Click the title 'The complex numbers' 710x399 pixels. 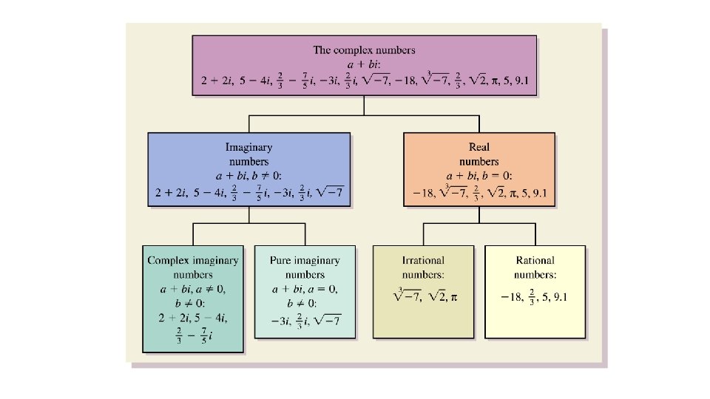click(364, 50)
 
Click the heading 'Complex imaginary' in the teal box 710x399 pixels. click(193, 260)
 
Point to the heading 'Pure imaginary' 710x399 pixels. click(305, 260)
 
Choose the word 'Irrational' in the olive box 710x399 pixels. click(423, 260)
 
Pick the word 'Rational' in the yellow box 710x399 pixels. click(535, 260)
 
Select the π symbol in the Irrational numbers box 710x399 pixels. click(454, 297)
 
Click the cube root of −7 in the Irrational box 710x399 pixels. click(406, 296)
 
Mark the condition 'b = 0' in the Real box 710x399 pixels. click(502, 176)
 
